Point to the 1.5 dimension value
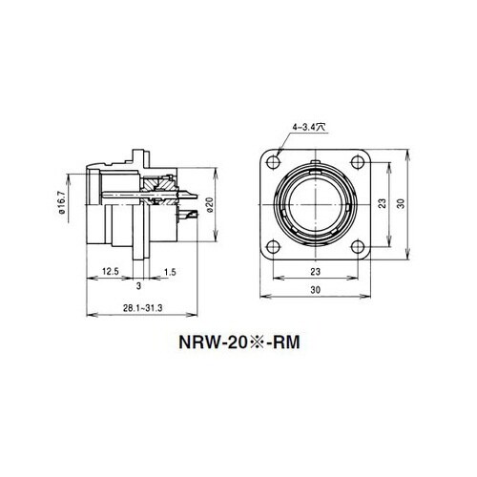(169, 271)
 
